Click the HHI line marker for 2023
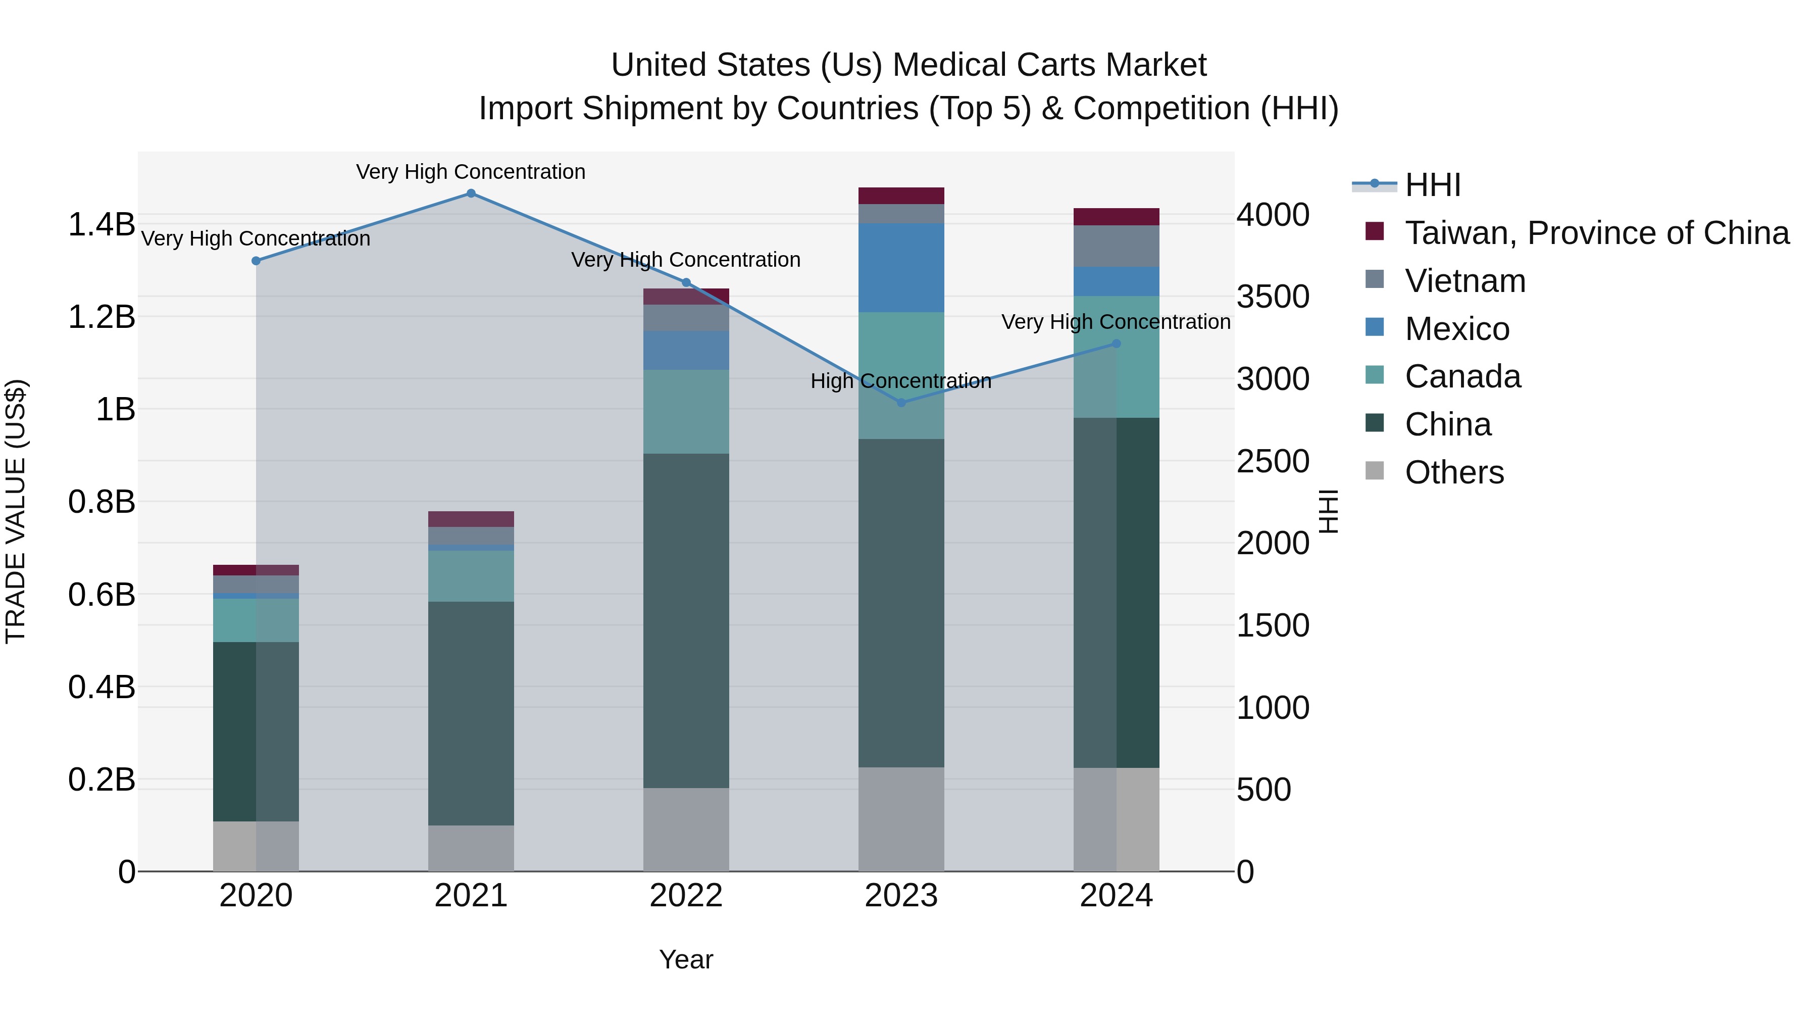click(x=901, y=403)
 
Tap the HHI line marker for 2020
click(x=256, y=261)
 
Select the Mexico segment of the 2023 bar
click(x=901, y=268)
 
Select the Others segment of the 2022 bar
click(x=686, y=829)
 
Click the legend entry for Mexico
click(x=1456, y=329)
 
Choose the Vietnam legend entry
click(x=1464, y=281)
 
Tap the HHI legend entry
click(x=1432, y=185)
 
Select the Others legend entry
click(x=1454, y=472)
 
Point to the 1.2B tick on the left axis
click(x=102, y=317)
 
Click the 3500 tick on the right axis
click(x=1273, y=297)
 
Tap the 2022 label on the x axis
click(x=686, y=896)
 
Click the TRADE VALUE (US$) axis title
click(x=16, y=511)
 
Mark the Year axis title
click(x=686, y=959)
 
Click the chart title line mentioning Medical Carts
click(x=908, y=65)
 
